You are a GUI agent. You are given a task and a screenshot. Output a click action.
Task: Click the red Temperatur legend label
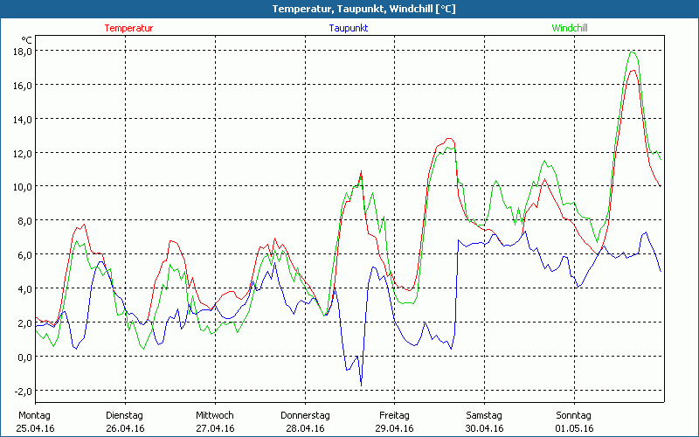[x=128, y=28]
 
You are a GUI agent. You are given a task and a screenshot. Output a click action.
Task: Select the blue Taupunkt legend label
[x=348, y=28]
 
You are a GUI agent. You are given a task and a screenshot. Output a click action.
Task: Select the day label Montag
[x=34, y=415]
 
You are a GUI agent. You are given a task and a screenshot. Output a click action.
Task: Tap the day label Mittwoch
[x=214, y=415]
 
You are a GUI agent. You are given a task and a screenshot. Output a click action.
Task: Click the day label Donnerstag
[x=305, y=415]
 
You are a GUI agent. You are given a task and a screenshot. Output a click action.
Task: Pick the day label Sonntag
[x=573, y=415]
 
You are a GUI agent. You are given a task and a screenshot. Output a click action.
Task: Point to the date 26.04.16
[x=124, y=428]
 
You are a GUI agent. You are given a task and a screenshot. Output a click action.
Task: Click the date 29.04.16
[x=394, y=428]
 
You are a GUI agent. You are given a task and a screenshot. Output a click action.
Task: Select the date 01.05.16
[x=574, y=428]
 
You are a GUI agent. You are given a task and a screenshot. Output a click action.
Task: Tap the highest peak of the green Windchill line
[x=632, y=52]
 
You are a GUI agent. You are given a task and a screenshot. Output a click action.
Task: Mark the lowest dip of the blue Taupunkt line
[x=361, y=384]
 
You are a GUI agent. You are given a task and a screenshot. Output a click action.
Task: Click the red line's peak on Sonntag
[x=632, y=70]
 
